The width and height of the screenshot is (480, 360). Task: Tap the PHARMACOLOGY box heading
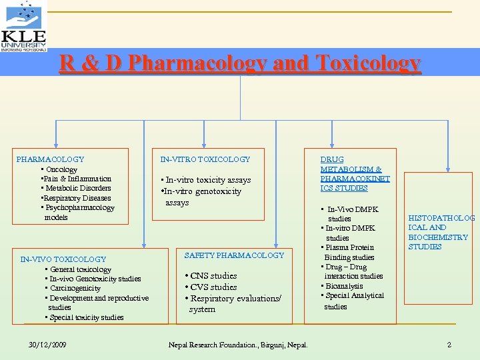tap(50, 159)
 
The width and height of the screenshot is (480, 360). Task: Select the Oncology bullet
tap(61, 169)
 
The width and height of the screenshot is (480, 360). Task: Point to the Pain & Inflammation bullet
tap(76, 179)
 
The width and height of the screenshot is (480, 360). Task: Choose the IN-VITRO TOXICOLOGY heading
tap(205, 159)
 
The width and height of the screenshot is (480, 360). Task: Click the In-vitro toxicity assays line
tap(207, 180)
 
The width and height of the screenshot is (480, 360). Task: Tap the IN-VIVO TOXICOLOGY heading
tap(63, 259)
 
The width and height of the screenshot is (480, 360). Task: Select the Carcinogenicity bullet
tap(74, 289)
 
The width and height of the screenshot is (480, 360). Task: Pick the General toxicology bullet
tap(80, 269)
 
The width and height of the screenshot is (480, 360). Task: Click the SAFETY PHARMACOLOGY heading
tap(234, 255)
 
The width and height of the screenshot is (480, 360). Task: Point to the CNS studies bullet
tap(211, 276)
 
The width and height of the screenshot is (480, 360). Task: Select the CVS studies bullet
tap(211, 287)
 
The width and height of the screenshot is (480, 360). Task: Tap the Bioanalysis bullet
tap(343, 286)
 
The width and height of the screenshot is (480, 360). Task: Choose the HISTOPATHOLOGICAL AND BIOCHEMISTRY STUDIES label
tap(440, 233)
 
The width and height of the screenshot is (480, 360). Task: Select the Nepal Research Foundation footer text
tap(238, 345)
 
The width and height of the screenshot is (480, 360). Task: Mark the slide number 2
tap(449, 345)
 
